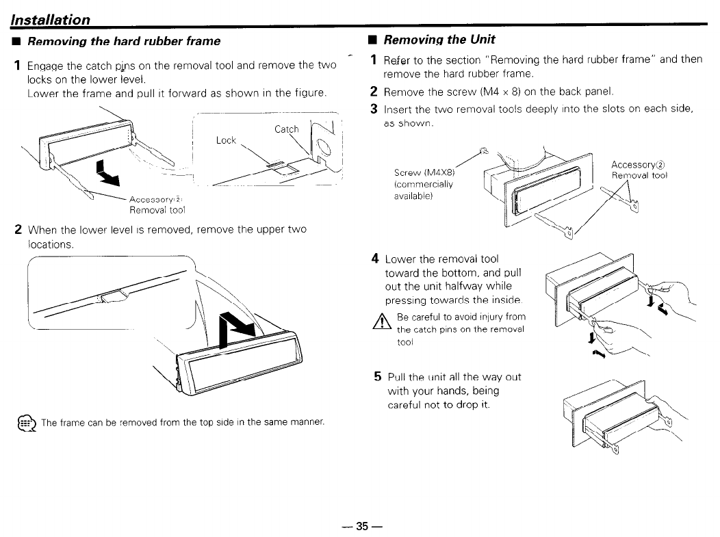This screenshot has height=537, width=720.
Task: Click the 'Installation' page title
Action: click(51, 20)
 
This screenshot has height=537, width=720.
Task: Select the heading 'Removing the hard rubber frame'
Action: click(121, 41)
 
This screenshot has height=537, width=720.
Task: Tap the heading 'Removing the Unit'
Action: click(439, 40)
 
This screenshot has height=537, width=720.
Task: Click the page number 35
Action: click(362, 526)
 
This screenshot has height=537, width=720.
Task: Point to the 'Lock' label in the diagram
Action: click(225, 140)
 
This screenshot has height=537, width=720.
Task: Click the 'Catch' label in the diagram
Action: click(287, 129)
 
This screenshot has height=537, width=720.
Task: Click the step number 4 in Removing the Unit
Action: click(376, 259)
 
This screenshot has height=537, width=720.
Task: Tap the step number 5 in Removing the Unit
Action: click(378, 377)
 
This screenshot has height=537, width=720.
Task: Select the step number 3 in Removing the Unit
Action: click(374, 109)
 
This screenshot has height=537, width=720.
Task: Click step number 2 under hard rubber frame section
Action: click(18, 229)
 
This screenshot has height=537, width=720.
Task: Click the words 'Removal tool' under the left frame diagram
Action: click(157, 210)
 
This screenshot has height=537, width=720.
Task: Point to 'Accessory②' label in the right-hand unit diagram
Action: click(639, 164)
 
